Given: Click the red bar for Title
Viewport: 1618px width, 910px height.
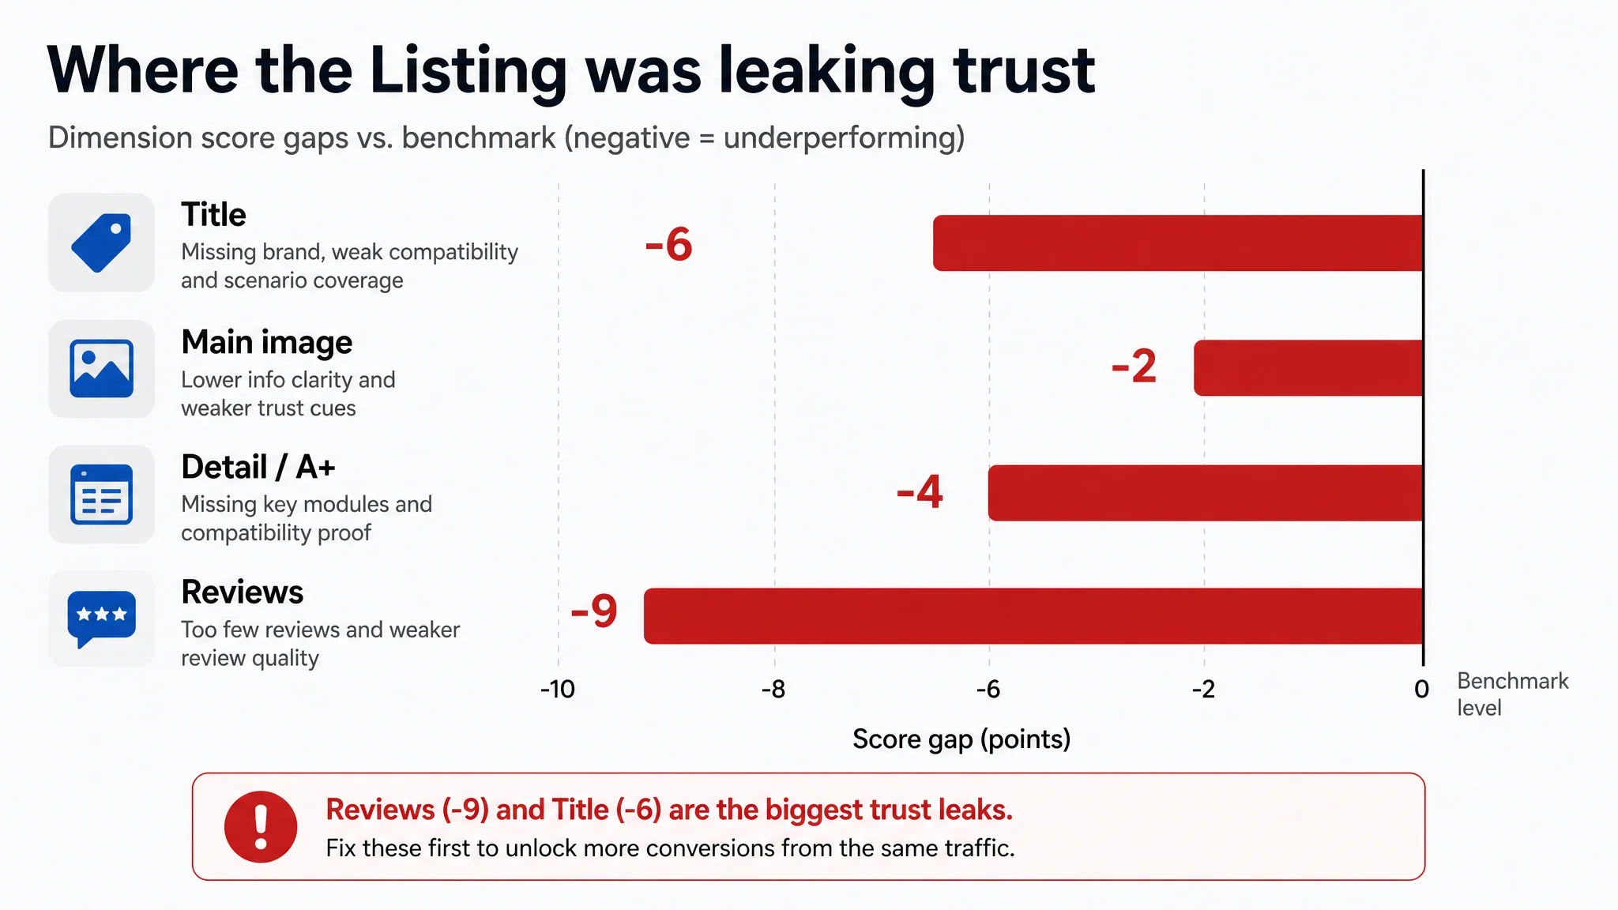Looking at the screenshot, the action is point(1178,243).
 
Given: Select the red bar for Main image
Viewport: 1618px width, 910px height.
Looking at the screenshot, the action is point(1308,368).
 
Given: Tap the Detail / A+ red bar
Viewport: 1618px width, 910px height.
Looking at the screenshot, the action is point(1206,493).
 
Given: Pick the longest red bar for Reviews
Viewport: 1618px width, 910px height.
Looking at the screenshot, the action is point(1033,616).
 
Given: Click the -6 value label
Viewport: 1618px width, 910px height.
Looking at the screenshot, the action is point(668,244).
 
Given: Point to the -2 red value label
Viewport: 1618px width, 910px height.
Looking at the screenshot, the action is point(1134,367).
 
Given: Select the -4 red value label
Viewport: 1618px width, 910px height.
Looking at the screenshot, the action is point(920,491).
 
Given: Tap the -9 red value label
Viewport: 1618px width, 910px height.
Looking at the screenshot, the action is point(594,611).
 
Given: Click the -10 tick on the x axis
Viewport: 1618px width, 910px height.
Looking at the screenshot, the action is point(558,690).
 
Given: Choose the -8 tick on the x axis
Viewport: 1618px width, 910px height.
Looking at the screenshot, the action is point(773,690).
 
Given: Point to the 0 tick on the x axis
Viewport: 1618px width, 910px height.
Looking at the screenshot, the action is point(1422,690).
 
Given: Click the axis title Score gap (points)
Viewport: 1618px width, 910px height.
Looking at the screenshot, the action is point(961,739).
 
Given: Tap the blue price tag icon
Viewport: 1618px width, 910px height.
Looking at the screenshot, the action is point(102,243).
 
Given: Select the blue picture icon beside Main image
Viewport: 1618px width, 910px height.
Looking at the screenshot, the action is point(102,369).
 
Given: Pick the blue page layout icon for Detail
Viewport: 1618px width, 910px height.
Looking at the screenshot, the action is point(102,494).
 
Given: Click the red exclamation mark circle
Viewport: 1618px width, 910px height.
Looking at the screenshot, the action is point(261,826).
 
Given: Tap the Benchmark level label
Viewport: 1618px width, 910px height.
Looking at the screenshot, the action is point(1512,694).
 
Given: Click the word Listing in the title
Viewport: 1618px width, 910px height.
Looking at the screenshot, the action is point(468,72).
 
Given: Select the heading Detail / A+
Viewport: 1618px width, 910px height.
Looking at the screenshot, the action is point(258,467).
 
